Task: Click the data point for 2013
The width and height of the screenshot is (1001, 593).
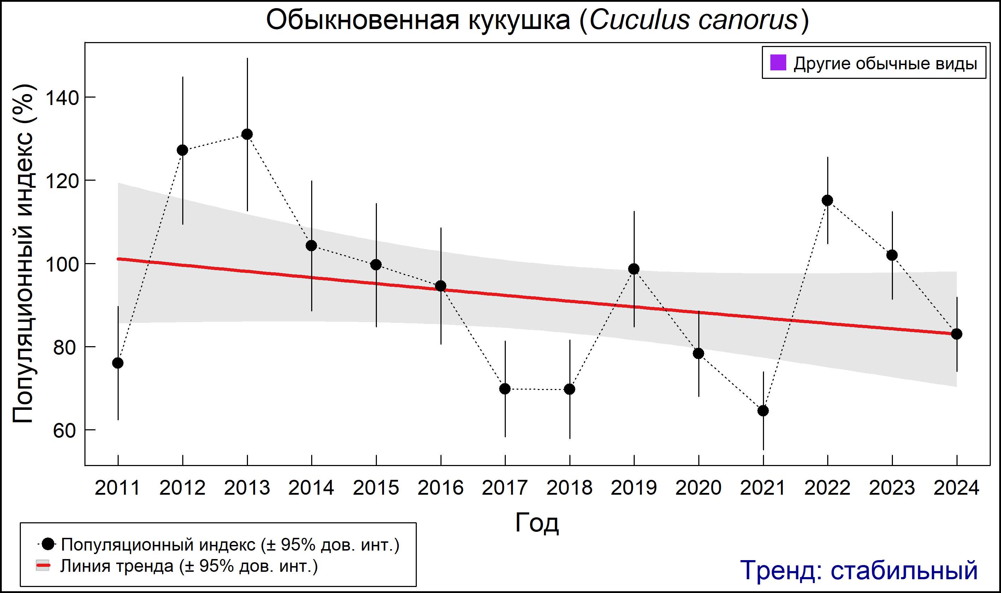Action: tap(247, 134)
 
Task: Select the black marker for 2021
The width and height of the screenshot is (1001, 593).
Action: tap(763, 411)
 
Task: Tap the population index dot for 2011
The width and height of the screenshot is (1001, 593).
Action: tap(118, 363)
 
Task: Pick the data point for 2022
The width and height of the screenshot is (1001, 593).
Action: tap(827, 200)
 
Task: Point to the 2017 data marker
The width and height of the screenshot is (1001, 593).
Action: tap(505, 389)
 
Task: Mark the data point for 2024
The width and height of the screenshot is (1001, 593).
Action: tap(956, 334)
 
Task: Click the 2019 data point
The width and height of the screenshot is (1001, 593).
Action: tap(634, 269)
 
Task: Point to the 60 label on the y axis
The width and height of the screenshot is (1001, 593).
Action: tap(64, 431)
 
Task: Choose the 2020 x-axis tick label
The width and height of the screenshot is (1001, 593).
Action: tap(698, 488)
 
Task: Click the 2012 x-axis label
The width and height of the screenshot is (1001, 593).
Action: tap(182, 488)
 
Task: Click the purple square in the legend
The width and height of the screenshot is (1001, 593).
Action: tap(778, 63)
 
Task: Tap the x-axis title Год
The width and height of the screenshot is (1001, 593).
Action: tap(537, 523)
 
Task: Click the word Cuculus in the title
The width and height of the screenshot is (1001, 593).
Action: tap(639, 20)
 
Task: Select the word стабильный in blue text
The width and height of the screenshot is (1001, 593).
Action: tap(904, 570)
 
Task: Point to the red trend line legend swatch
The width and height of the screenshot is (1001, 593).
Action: tap(43, 565)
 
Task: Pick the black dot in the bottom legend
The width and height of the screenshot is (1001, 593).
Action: tap(48, 544)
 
